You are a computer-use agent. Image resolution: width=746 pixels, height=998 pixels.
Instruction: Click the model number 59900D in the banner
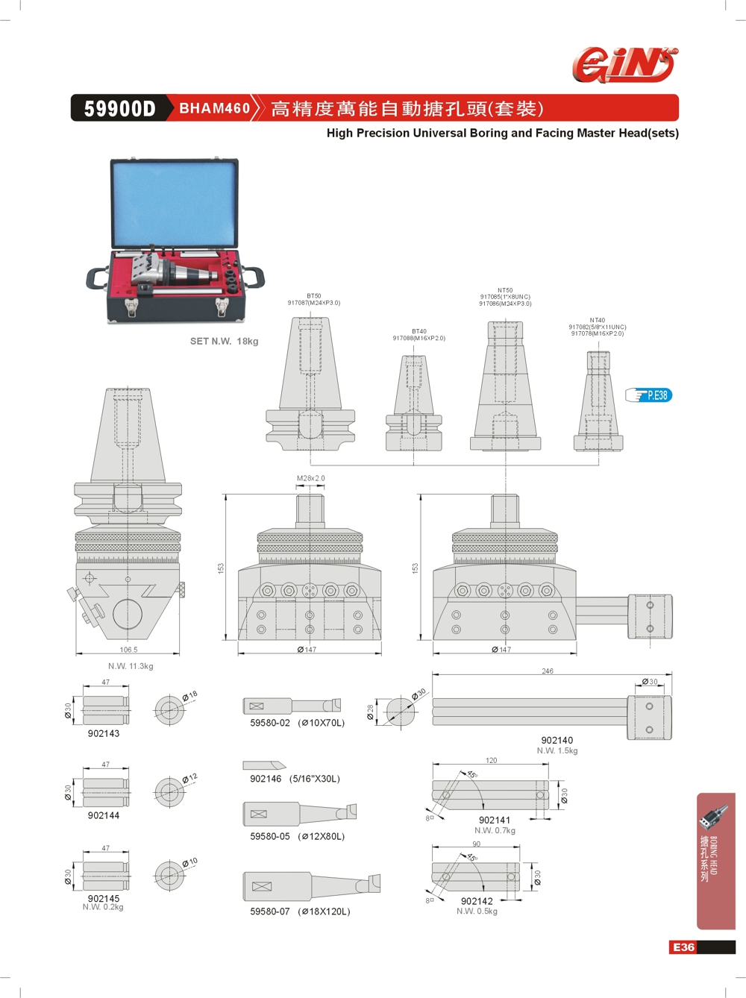[x=119, y=109]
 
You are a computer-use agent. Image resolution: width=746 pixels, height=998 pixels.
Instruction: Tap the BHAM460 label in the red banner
[x=214, y=108]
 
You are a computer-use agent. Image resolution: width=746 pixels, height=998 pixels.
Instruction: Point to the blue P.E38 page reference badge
[x=650, y=395]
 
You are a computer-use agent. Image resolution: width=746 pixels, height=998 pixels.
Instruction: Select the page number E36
[x=683, y=947]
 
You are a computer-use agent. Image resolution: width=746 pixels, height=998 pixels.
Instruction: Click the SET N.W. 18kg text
[x=224, y=342]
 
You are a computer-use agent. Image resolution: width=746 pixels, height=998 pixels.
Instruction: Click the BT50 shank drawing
[x=310, y=384]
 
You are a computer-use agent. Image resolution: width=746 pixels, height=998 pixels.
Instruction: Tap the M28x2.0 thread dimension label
[x=310, y=479]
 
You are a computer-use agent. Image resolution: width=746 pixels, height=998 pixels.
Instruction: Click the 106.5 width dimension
[x=128, y=650]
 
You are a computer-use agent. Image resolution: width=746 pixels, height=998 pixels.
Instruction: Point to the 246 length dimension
[x=548, y=671]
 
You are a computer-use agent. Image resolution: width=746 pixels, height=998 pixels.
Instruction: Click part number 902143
[x=104, y=733]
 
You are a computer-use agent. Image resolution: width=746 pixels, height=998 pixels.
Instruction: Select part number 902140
[x=557, y=741]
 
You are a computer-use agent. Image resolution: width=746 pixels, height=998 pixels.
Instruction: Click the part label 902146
[x=266, y=779]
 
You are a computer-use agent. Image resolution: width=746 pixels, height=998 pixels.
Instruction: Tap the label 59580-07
[x=270, y=911]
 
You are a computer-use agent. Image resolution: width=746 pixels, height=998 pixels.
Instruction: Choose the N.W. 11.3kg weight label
[x=131, y=666]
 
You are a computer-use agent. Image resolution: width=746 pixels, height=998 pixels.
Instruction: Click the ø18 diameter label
[x=190, y=697]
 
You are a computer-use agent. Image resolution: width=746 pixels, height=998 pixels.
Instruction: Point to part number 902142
[x=477, y=901]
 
